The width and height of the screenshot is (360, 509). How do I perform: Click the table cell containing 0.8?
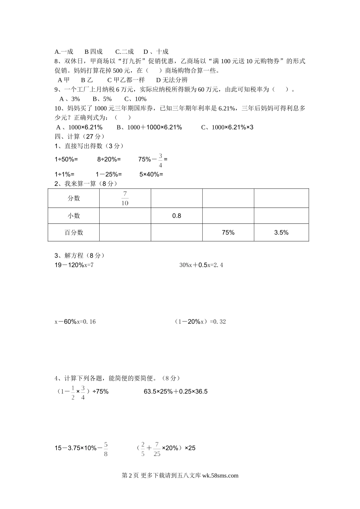point(177,216)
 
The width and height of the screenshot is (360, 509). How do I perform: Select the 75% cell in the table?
point(228,233)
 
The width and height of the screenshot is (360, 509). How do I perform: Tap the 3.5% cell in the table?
point(281,233)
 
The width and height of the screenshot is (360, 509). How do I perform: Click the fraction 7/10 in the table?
point(125,198)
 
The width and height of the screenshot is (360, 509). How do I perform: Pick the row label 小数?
point(74,216)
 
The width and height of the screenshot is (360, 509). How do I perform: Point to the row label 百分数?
point(74,233)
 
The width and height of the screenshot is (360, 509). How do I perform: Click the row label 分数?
point(74,198)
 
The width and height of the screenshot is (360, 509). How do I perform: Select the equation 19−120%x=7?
point(74,265)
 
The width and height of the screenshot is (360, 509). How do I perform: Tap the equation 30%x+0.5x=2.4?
point(201,265)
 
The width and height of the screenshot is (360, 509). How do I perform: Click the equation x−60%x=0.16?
point(75,322)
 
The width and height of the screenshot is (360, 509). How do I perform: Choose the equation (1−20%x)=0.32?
point(200,322)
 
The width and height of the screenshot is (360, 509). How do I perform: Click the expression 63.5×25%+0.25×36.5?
point(176,392)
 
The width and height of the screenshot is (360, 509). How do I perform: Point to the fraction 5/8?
point(105,449)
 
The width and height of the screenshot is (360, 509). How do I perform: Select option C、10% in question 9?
point(135,99)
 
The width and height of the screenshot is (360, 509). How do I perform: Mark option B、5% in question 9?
point(102,99)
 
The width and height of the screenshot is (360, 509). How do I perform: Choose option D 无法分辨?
point(172,80)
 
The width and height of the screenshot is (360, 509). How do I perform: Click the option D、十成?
point(156,52)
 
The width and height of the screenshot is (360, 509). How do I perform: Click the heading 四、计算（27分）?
point(80,136)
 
